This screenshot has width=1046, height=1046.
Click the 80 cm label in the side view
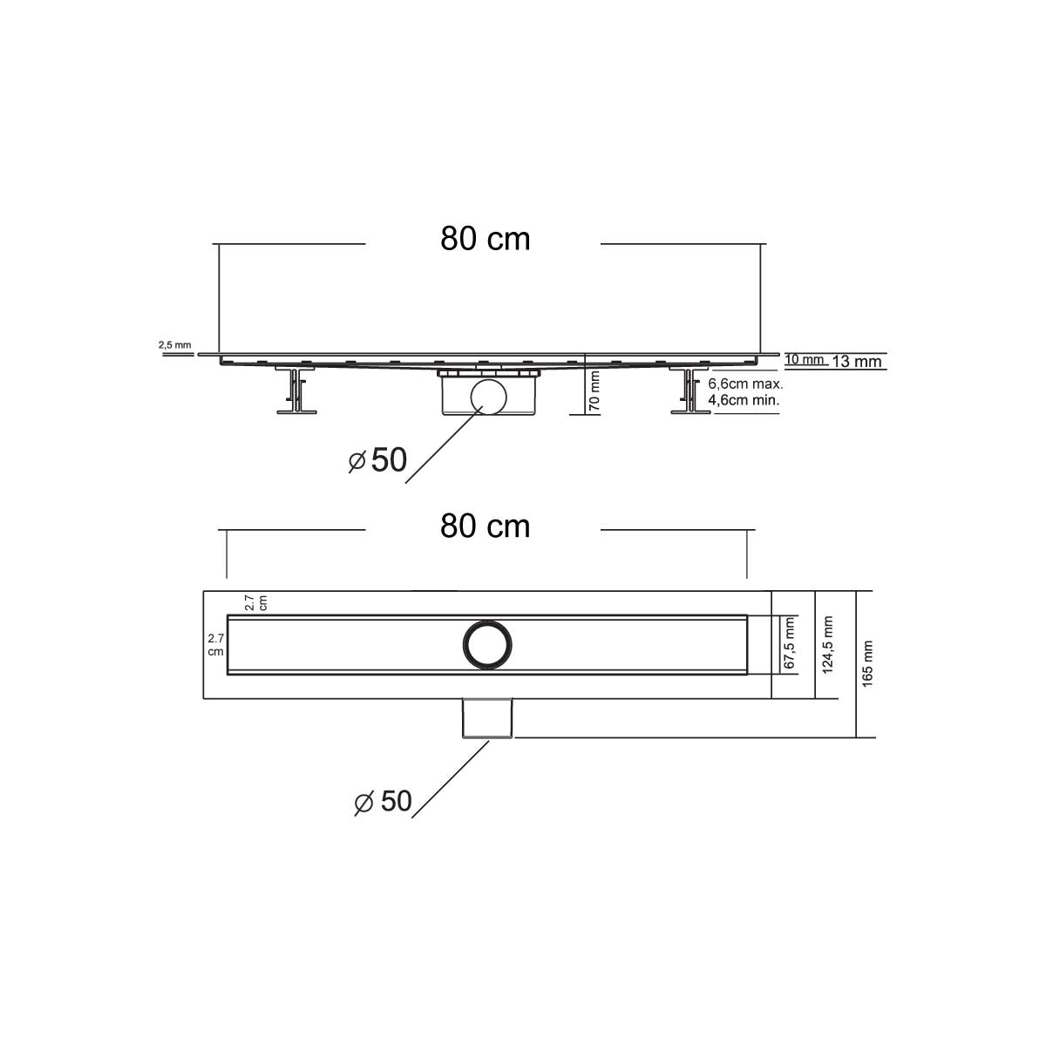(x=485, y=239)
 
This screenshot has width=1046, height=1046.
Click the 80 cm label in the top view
(x=485, y=526)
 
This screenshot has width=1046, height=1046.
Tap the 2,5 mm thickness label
(x=174, y=345)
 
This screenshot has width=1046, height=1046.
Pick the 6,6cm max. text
(x=745, y=384)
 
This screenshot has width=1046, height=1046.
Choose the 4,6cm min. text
(x=744, y=400)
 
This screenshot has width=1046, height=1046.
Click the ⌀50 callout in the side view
(x=378, y=460)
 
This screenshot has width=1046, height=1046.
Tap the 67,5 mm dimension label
(x=790, y=643)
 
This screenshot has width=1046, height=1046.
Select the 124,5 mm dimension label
(x=828, y=644)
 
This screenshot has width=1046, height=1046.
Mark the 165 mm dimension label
(x=868, y=664)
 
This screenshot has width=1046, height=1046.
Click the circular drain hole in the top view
(x=486, y=644)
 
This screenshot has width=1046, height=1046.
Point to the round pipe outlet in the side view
(x=486, y=397)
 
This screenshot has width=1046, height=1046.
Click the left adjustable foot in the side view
(x=295, y=392)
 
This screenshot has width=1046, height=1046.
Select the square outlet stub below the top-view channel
(x=486, y=717)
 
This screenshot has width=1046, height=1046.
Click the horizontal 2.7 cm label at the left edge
(x=214, y=644)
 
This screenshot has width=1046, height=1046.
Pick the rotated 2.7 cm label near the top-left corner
(x=255, y=601)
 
